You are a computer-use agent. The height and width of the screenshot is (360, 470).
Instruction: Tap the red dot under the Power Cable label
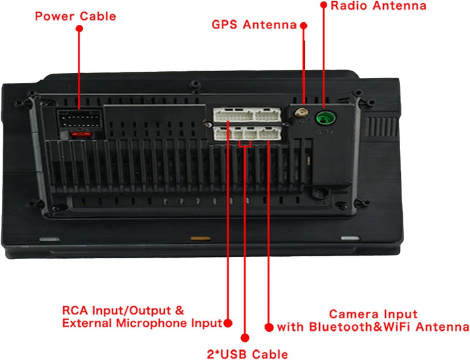[79, 29]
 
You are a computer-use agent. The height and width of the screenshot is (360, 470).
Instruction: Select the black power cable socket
[80, 119]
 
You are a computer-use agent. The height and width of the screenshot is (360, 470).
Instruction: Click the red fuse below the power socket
[81, 134]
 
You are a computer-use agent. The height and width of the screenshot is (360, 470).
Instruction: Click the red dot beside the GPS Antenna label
[304, 25]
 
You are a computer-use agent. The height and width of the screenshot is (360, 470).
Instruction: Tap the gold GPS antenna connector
[301, 113]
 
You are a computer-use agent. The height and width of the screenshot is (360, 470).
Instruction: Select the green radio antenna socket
[326, 117]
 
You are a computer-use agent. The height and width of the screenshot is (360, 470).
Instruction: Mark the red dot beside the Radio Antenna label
[323, 5]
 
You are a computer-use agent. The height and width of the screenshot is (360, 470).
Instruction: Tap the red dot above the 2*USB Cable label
[245, 338]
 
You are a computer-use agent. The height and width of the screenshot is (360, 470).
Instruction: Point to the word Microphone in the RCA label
[152, 323]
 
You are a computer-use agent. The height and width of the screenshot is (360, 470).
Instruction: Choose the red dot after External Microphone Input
[228, 323]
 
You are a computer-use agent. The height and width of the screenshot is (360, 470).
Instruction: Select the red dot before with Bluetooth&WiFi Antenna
[269, 327]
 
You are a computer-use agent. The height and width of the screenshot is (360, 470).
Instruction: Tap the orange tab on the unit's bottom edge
[200, 239]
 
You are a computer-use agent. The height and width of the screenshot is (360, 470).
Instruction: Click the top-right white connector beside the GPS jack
[268, 115]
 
